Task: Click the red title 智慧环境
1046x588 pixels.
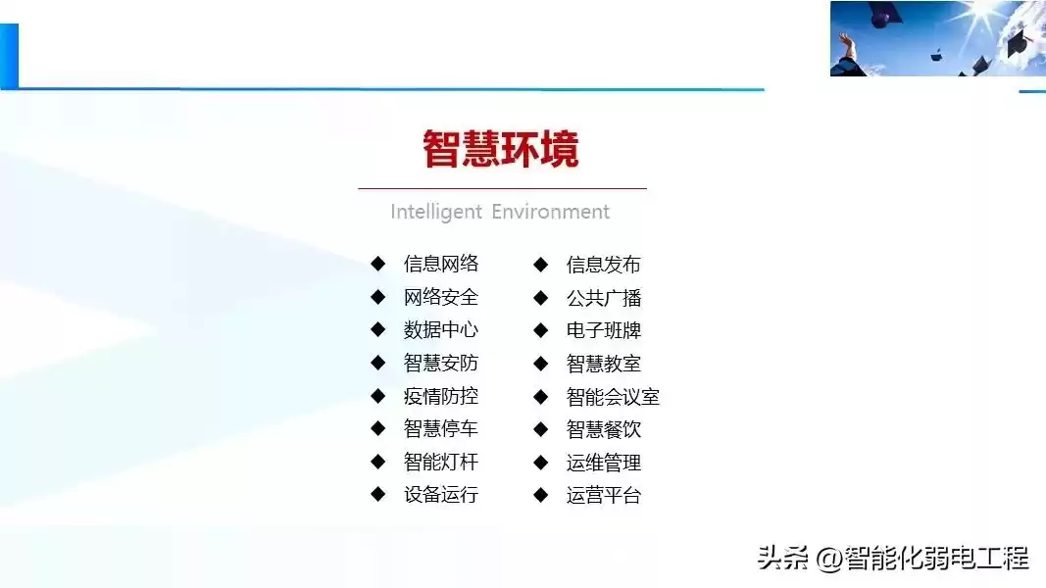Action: [x=501, y=150]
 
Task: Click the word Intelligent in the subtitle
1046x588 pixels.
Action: [x=436, y=212]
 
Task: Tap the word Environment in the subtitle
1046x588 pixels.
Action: [x=550, y=212]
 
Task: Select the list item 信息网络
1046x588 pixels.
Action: [x=440, y=264]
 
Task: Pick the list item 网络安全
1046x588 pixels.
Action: [x=440, y=297]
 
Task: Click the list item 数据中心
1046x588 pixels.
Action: [x=440, y=330]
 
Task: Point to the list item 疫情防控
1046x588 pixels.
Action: [x=440, y=396]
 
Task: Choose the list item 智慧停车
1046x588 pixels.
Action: [x=440, y=428]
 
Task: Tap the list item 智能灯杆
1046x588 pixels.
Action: [x=440, y=462]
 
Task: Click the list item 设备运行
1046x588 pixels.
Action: [x=440, y=495]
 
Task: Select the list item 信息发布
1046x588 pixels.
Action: [x=603, y=265]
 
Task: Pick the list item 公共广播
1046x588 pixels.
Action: [x=603, y=298]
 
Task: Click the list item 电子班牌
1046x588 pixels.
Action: [x=603, y=330]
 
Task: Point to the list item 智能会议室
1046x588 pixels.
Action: [x=613, y=397]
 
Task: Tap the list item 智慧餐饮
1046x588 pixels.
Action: [x=603, y=429]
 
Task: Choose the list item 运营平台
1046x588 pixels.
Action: [x=603, y=496]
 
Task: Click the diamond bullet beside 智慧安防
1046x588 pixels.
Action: [x=378, y=363]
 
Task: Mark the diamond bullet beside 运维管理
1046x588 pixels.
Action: [x=540, y=463]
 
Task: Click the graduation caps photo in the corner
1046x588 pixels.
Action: [x=937, y=38]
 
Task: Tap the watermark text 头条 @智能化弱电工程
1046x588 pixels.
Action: [x=892, y=559]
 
